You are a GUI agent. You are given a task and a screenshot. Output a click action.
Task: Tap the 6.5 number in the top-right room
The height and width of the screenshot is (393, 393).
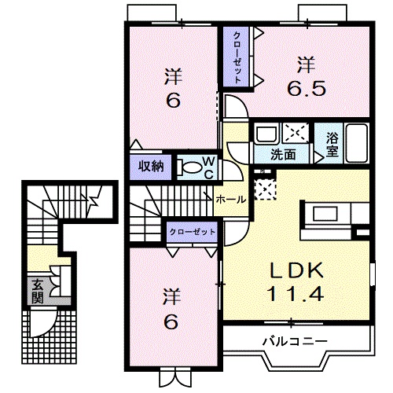307,88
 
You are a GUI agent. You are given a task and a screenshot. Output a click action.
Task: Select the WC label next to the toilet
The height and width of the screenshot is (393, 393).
209,167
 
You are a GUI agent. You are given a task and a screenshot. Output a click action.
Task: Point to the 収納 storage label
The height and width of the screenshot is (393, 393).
151,166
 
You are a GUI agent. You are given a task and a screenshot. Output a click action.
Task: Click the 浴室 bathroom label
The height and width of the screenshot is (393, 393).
332,144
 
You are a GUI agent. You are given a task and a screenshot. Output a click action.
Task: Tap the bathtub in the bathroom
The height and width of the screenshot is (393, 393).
356,143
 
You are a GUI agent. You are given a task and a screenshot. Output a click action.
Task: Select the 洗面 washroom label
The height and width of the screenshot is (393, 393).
283,155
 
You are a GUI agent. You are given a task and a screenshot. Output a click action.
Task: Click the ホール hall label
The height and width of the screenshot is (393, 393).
231,200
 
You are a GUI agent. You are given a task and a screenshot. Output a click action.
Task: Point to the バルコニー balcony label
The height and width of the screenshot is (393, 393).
296,341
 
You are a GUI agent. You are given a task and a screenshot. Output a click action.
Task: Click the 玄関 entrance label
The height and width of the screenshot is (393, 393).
38,291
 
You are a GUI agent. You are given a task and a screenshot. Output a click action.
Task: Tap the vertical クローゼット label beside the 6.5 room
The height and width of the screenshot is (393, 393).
237,57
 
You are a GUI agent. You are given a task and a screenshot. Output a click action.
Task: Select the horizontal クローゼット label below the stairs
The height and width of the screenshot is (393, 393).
193,232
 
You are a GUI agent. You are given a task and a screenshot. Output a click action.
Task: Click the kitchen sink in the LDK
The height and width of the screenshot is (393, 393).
325,214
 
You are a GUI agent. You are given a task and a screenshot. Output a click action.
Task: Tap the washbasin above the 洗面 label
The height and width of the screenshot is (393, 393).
267,134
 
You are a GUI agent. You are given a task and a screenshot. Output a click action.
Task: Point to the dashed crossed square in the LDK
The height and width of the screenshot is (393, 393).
265,189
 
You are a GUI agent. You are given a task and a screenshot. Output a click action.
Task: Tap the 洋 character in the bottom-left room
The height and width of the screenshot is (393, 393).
172,297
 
